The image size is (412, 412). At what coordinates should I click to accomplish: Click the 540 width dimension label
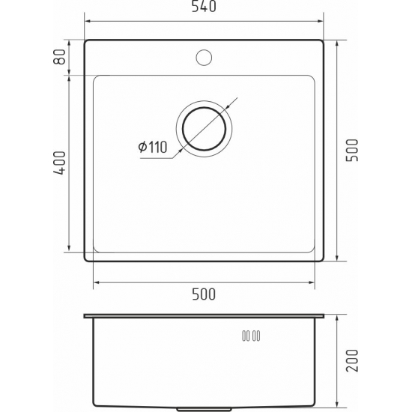click(204, 6)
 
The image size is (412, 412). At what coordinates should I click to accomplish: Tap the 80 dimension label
click(59, 57)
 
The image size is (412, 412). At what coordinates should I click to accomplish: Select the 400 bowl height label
click(59, 163)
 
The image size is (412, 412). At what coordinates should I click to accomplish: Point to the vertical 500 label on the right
click(352, 151)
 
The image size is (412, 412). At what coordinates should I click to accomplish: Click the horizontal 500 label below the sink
click(204, 294)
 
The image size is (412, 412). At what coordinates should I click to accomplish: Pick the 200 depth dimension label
click(352, 360)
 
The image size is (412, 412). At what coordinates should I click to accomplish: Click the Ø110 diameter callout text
click(153, 147)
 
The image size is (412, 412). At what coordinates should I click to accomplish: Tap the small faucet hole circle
click(204, 57)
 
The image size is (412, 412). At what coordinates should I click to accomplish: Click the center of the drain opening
click(204, 129)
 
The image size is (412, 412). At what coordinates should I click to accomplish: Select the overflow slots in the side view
click(251, 336)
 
